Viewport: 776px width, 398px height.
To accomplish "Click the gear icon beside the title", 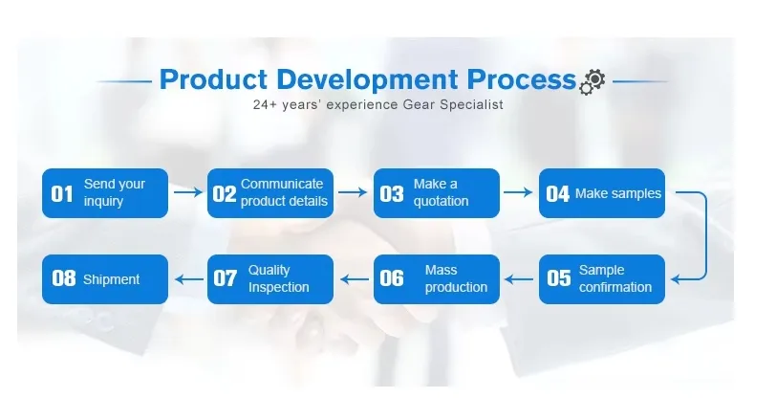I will (592, 81).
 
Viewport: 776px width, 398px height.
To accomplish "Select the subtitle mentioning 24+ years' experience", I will (377, 104).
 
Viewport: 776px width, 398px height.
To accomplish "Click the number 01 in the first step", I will (62, 194).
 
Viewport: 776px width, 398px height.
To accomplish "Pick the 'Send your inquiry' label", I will (114, 192).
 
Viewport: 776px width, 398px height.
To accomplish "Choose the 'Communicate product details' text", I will (284, 192).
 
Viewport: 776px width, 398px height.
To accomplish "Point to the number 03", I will (392, 194).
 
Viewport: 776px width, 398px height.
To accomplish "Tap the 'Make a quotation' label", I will (441, 192).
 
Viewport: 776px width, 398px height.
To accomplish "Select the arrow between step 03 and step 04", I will (518, 192).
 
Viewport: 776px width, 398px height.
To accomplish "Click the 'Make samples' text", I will (617, 193).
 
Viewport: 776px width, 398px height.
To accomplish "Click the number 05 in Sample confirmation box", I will (558, 279).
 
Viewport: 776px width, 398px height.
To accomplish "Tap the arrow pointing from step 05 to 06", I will (518, 279).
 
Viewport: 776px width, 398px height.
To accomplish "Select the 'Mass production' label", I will (456, 279).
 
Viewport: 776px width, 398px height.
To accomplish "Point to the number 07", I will (226, 279).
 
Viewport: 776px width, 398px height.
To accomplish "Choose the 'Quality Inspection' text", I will (278, 279).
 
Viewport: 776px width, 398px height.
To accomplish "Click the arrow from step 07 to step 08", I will (187, 279).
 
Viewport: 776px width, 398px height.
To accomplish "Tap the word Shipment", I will (111, 279).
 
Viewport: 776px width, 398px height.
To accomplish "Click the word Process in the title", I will (521, 78).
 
